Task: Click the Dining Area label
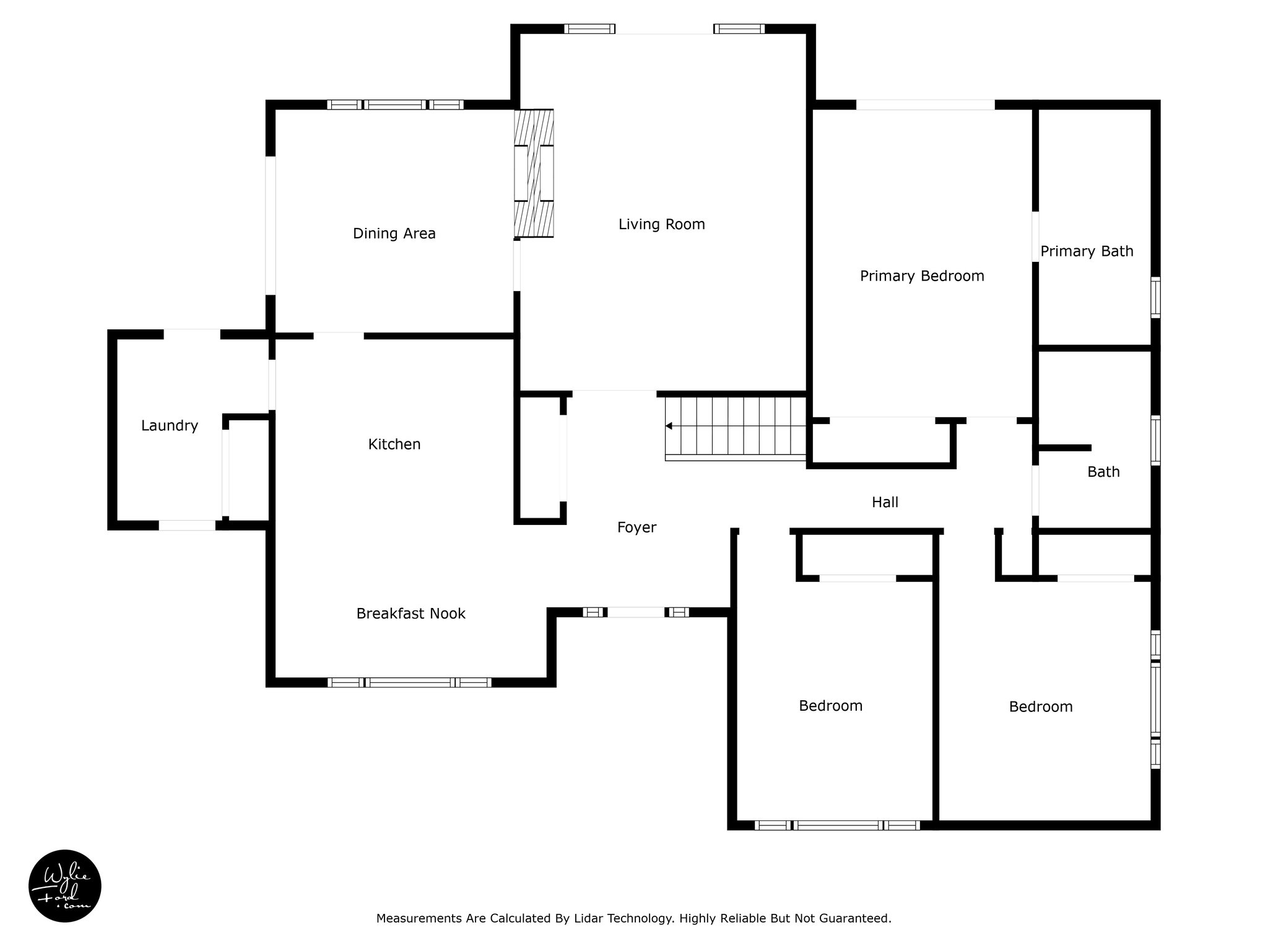tap(394, 233)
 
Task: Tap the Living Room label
tap(661, 224)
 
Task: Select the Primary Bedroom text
tap(921, 276)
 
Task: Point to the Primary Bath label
tap(1086, 251)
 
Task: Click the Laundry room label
tap(169, 425)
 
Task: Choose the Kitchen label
tap(394, 444)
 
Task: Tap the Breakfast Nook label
tap(410, 614)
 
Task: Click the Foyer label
tap(636, 528)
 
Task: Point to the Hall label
tap(885, 502)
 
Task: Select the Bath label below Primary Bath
tap(1103, 472)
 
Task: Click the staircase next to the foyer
tap(736, 427)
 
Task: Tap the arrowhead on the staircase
tap(669, 426)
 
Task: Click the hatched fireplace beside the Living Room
tap(534, 173)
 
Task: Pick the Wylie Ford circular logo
tap(65, 886)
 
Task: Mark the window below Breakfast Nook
tap(409, 682)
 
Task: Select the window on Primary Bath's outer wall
tap(1155, 298)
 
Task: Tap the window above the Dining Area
tap(395, 105)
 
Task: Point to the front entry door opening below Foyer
tap(636, 612)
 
